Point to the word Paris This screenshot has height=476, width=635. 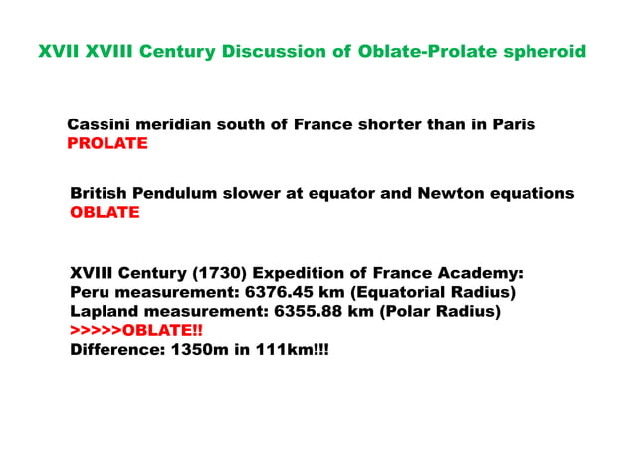click(508, 125)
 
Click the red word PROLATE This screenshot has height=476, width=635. click(107, 144)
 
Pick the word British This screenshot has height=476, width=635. click(100, 193)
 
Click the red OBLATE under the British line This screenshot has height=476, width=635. click(105, 212)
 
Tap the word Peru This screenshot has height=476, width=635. click(90, 292)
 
